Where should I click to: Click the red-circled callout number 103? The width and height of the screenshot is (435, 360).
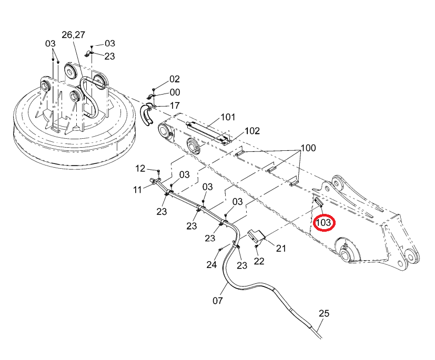pyautogui.click(x=323, y=222)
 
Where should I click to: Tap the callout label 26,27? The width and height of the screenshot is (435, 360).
pyautogui.click(x=73, y=35)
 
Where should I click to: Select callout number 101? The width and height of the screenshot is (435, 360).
pyautogui.click(x=228, y=117)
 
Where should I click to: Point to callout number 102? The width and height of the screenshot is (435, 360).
pyautogui.click(x=252, y=131)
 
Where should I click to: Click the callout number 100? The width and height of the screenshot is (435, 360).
pyautogui.click(x=308, y=148)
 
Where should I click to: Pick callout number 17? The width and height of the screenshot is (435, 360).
pyautogui.click(x=175, y=106)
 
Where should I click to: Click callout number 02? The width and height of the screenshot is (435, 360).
pyautogui.click(x=175, y=79)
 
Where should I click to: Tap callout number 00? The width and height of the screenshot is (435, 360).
pyautogui.click(x=175, y=92)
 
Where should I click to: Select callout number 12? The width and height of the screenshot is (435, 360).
pyautogui.click(x=140, y=169)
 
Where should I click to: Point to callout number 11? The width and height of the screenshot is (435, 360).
pyautogui.click(x=138, y=190)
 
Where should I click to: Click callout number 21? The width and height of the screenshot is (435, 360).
pyautogui.click(x=281, y=248)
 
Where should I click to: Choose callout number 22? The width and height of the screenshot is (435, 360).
pyautogui.click(x=259, y=261)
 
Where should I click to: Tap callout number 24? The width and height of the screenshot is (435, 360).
pyautogui.click(x=211, y=265)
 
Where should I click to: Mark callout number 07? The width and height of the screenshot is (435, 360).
pyautogui.click(x=218, y=301)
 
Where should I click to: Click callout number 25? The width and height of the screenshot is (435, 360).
pyautogui.click(x=324, y=313)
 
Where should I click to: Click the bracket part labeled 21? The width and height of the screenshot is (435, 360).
pyautogui.click(x=256, y=236)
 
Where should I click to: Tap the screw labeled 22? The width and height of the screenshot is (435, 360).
pyautogui.click(x=256, y=246)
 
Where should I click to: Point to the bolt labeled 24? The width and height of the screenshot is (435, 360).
pyautogui.click(x=220, y=250)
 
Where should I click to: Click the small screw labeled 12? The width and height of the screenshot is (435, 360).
pyautogui.click(x=158, y=171)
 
